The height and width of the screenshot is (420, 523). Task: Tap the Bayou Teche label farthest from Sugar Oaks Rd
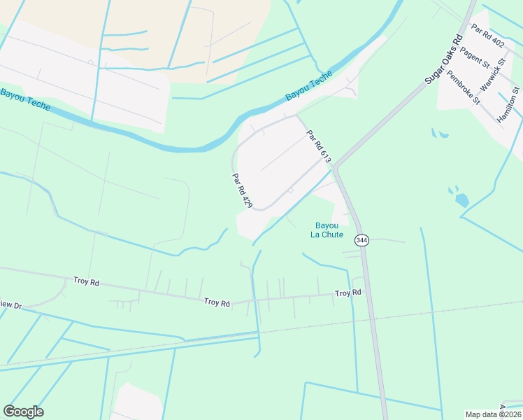pyautogui.click(x=26, y=99)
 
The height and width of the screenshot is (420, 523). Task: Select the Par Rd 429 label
pyautogui.click(x=242, y=190)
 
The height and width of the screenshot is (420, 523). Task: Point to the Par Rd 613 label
pyautogui.click(x=318, y=147)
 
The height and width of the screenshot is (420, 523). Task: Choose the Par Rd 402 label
pyautogui.click(x=487, y=36)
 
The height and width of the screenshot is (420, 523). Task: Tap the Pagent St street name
pyautogui.click(x=475, y=57)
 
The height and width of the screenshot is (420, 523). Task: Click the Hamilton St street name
pyautogui.click(x=508, y=106)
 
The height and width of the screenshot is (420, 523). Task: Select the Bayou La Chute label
pyautogui.click(x=327, y=230)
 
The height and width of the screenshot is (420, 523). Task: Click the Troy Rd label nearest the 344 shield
pyautogui.click(x=348, y=293)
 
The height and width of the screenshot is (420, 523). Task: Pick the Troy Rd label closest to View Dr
pyautogui.click(x=86, y=281)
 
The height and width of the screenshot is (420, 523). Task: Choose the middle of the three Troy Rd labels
pyautogui.click(x=217, y=302)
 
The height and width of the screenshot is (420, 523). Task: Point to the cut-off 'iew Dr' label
pyautogui.click(x=11, y=305)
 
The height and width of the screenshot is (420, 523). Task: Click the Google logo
pyautogui.click(x=23, y=412)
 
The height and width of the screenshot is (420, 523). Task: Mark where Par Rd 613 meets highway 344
pyautogui.click(x=335, y=168)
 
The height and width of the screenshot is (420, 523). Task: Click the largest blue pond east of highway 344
pyautogui.click(x=461, y=199)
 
